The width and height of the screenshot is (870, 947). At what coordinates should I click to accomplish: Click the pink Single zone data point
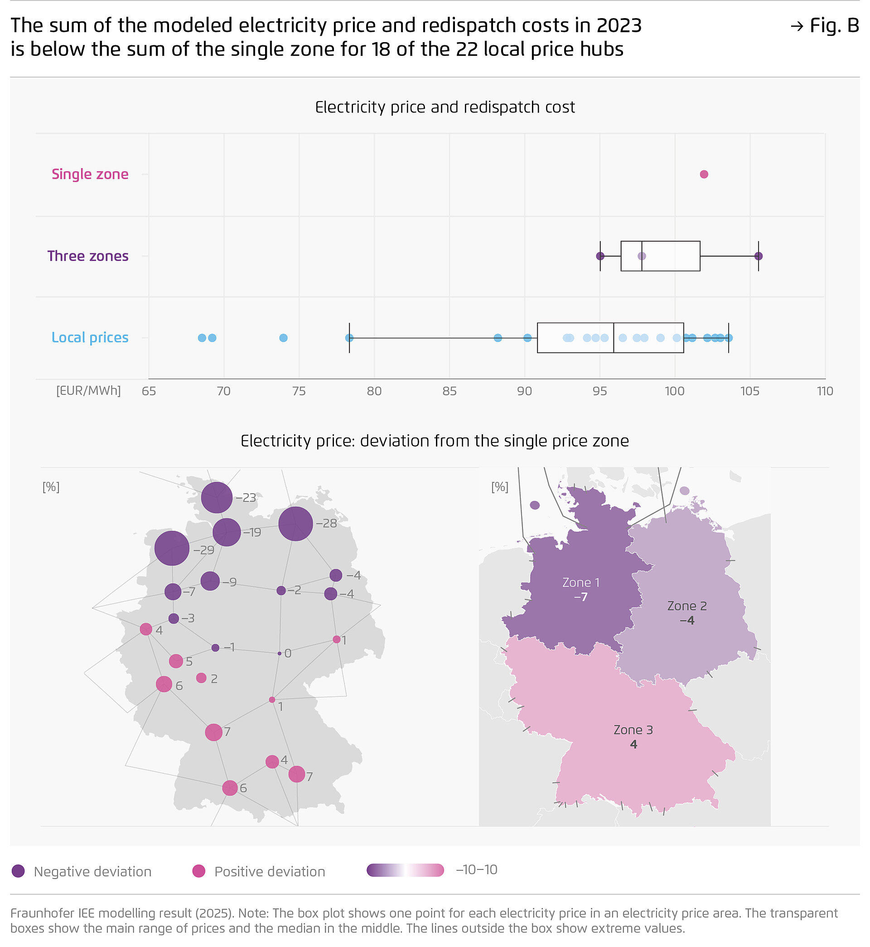(704, 174)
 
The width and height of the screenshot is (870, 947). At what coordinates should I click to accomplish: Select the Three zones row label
(87, 256)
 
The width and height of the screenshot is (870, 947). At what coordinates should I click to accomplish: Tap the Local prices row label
(89, 338)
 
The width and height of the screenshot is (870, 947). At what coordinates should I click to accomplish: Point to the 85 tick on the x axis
(449, 391)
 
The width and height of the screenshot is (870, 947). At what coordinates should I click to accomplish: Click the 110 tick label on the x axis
(825, 391)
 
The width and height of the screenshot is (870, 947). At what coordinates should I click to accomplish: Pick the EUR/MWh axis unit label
(88, 391)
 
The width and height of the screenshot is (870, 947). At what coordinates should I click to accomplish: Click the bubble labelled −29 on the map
(172, 548)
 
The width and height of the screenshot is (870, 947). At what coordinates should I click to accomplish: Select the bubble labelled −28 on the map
(295, 524)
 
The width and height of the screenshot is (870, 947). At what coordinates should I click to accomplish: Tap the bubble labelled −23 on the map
(217, 497)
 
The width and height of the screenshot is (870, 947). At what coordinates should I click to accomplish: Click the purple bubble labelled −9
(210, 581)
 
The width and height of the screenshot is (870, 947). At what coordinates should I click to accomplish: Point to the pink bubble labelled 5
(176, 660)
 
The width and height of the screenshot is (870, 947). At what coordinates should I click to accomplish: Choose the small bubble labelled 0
(280, 653)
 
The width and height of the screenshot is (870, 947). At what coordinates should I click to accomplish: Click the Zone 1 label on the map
(581, 583)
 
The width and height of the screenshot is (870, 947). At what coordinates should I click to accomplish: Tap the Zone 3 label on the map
(633, 730)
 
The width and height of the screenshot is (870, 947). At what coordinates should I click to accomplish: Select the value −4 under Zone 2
(687, 620)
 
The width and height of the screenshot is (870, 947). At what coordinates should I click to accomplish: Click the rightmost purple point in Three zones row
(758, 256)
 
